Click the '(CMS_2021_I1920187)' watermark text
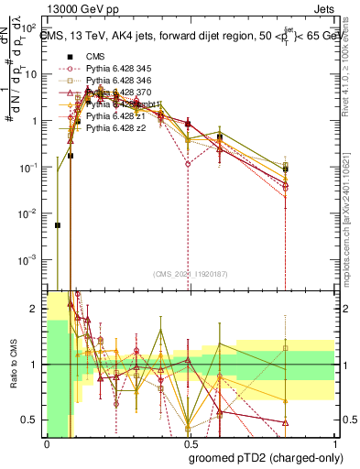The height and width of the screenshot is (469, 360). tap(188, 274)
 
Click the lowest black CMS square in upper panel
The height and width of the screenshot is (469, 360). tap(58, 224)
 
